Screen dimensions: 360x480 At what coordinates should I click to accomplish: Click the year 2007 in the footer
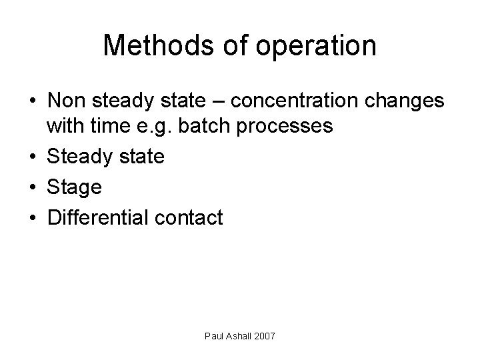pos(263,338)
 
